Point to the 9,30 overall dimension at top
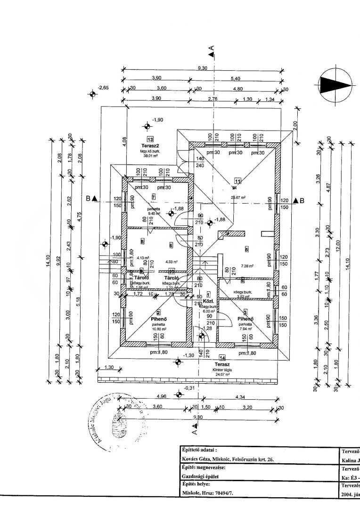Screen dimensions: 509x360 coord(202,68)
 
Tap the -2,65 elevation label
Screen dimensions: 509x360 coord(103,88)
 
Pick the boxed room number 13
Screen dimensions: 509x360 coord(150,140)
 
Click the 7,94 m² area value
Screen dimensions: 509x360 coord(245,329)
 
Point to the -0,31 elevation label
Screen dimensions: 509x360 coord(190,388)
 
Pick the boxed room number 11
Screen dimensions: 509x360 coord(237,181)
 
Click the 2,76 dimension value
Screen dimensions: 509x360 coord(213,99)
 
